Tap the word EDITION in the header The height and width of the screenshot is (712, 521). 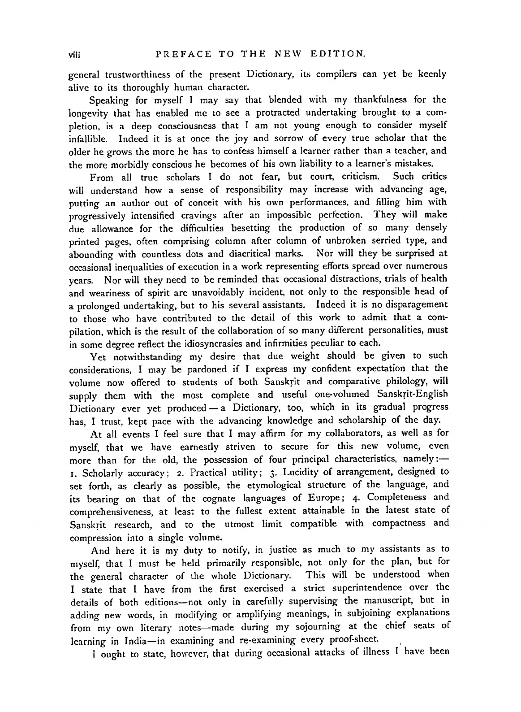click(x=341, y=55)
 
